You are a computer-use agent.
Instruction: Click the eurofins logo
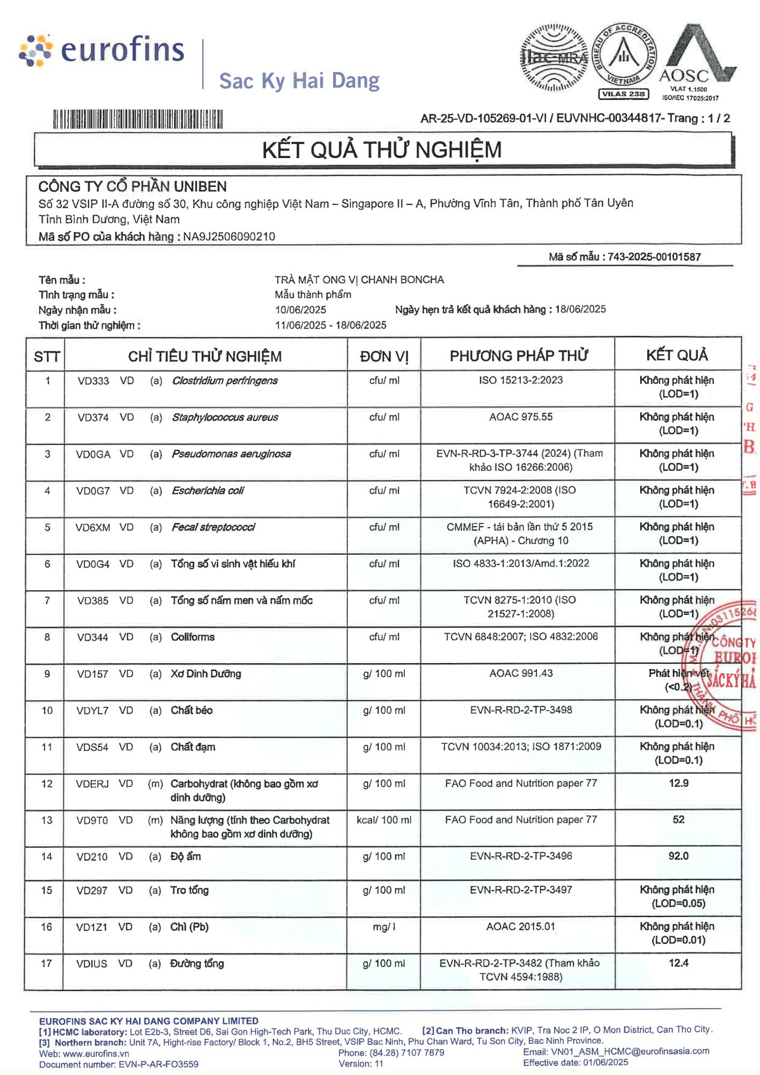coord(102,51)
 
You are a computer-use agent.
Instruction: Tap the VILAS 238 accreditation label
coord(623,94)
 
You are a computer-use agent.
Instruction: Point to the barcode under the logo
coord(138,119)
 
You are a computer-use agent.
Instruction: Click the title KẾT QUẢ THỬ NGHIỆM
coord(382,150)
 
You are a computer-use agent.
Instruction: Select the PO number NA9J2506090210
coord(229,236)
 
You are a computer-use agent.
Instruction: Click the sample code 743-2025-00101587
coord(654,257)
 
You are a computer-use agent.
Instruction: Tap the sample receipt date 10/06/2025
coord(300,310)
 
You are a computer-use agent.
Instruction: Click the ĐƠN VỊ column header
coord(384,356)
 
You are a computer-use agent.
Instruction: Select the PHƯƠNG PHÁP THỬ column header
coord(518,356)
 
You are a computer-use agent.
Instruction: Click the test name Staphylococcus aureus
coord(225,417)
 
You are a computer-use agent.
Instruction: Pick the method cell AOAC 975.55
coord(520,417)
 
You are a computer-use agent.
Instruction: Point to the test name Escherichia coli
coord(208,490)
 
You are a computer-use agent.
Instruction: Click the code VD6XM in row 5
coord(93,527)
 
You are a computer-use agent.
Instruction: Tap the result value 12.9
coord(678,783)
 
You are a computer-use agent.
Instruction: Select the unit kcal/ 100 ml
coord(384,820)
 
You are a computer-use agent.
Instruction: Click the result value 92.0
coord(678,856)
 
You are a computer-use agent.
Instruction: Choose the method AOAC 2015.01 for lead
coord(520,926)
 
